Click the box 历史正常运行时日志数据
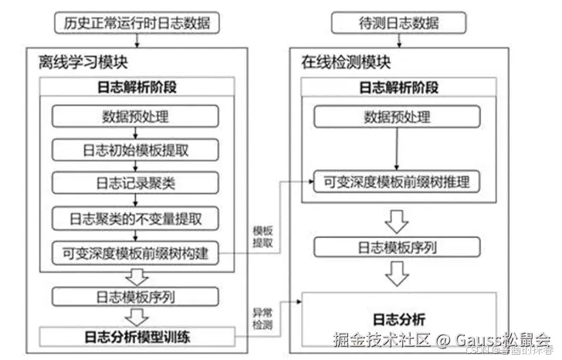coord(137,23)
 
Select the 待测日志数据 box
coord(398,23)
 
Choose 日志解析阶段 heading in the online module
coord(398,87)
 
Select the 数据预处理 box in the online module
coord(397,117)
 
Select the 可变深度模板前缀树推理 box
coord(398,183)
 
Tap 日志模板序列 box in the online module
coord(398,247)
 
